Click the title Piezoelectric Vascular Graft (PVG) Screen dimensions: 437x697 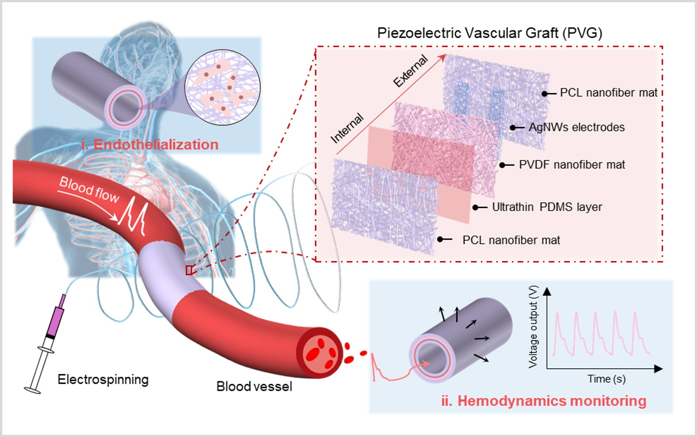tap(489, 33)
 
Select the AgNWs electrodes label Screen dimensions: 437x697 tap(576, 128)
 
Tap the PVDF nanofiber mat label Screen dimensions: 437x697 tap(572, 165)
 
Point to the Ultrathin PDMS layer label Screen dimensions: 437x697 tap(547, 207)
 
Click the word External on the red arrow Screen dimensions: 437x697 tap(410, 71)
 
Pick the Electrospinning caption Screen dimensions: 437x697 tap(103, 379)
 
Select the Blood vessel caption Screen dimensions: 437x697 tap(254, 386)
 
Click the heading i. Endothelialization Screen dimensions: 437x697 tap(150, 144)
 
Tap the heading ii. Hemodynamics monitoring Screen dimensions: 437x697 tap(544, 401)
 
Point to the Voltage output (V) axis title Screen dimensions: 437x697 tap(533, 327)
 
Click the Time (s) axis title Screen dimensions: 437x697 tap(606, 379)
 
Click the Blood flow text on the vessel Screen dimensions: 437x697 tap(89, 190)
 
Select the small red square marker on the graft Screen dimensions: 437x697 tap(189, 270)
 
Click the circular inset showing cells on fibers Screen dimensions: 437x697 tap(222, 87)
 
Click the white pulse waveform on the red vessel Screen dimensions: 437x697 tap(135, 216)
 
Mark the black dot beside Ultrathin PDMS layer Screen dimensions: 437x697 tap(476, 207)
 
